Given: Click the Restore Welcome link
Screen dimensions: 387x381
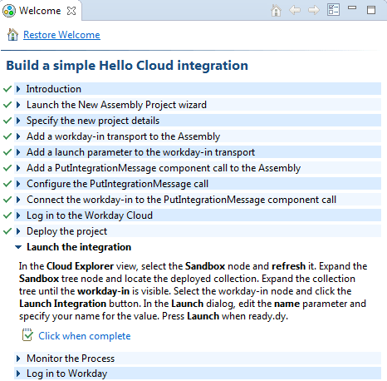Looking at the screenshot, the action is (61, 35).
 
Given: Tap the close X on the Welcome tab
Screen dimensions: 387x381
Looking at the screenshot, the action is (71, 11).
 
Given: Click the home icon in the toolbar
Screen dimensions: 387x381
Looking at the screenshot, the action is (276, 11).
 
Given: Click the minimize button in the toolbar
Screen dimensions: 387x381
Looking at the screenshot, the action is (352, 7).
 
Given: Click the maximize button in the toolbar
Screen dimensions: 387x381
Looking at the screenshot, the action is (371, 10).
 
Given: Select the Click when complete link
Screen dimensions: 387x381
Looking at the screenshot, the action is (85, 336).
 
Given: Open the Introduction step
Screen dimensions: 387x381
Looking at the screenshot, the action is (54, 89).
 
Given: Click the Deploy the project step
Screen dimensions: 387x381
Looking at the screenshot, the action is (66, 231).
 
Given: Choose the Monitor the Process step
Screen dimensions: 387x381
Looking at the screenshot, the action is (71, 359).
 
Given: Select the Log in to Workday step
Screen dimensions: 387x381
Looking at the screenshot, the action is (66, 374).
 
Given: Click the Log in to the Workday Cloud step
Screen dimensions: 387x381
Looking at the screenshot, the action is (90, 215).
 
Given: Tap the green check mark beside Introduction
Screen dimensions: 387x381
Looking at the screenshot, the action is (7, 89).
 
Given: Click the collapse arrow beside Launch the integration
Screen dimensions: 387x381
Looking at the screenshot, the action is (18, 247).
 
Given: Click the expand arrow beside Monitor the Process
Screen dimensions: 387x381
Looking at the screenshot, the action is (18, 359).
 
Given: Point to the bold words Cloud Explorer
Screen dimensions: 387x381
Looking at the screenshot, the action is (80, 266).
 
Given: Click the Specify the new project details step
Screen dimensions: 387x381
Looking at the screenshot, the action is (93, 121).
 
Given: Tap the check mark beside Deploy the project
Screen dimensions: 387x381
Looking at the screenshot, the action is (7, 231).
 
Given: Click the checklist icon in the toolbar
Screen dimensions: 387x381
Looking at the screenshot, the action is (333, 10).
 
